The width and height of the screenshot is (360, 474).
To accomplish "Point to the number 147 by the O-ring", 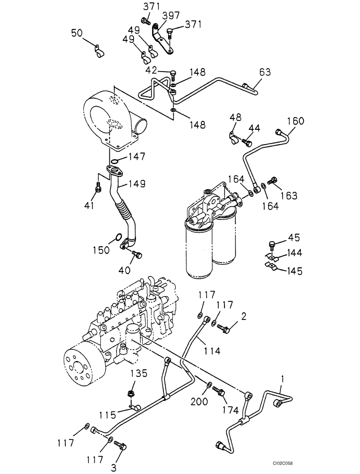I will pos(137,157).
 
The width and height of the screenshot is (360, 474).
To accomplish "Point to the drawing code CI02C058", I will pos(334,466).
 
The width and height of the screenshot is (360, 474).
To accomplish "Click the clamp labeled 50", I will pos(98,49).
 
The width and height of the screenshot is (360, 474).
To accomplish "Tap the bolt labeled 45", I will pos(272,245).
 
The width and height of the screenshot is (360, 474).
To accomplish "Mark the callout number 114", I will pos(212,351).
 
